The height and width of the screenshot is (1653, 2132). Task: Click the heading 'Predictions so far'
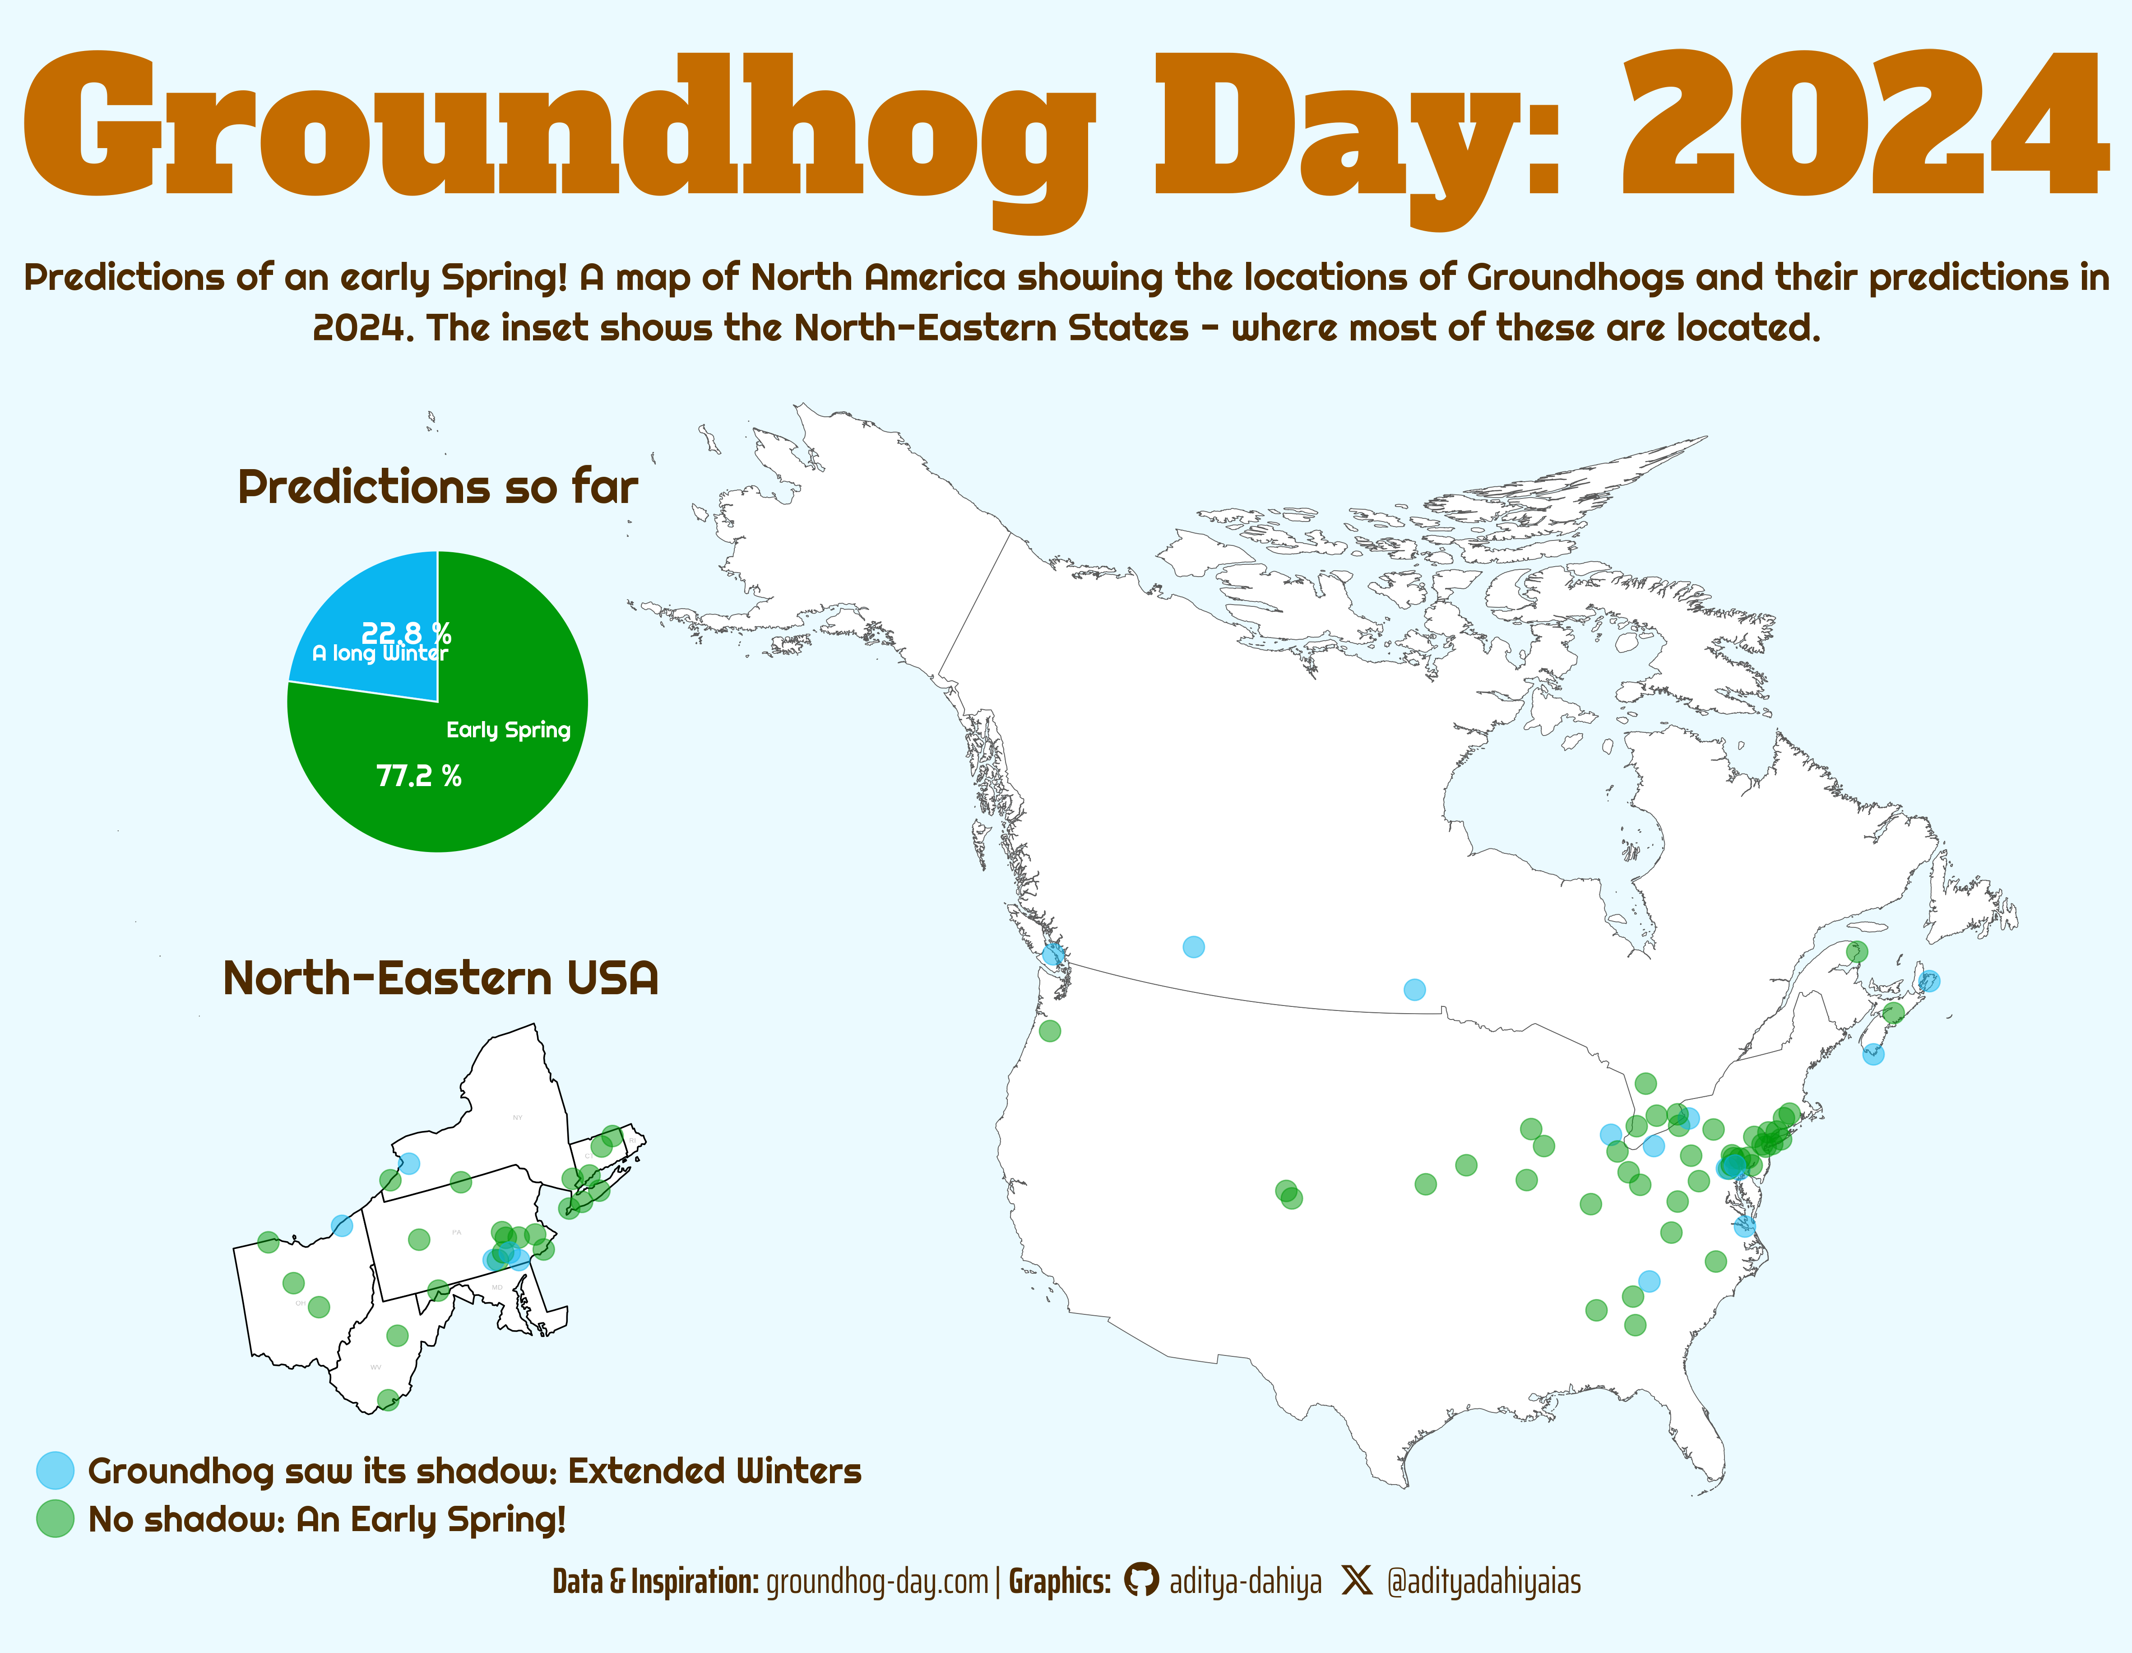pyautogui.click(x=437, y=486)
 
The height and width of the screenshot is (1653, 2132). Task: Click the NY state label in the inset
pyautogui.click(x=517, y=1117)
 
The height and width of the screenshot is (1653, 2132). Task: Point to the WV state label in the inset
pyautogui.click(x=376, y=1367)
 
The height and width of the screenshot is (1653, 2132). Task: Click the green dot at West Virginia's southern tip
pyautogui.click(x=388, y=1400)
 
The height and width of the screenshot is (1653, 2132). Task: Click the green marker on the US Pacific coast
pyautogui.click(x=1049, y=1030)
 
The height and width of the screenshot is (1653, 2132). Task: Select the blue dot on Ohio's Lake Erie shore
pyautogui.click(x=342, y=1225)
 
